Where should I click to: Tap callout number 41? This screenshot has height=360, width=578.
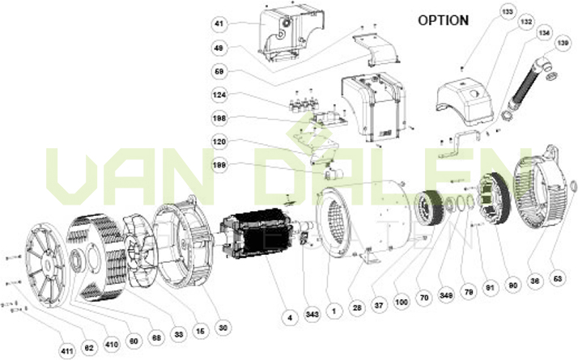coord(219,24)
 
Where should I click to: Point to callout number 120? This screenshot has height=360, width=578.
coord(219,141)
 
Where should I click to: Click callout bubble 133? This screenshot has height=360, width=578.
coord(508,12)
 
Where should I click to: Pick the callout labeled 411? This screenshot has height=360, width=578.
coord(66,351)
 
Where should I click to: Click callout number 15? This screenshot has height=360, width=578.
coord(198,331)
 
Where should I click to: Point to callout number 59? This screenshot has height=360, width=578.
coord(219,72)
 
